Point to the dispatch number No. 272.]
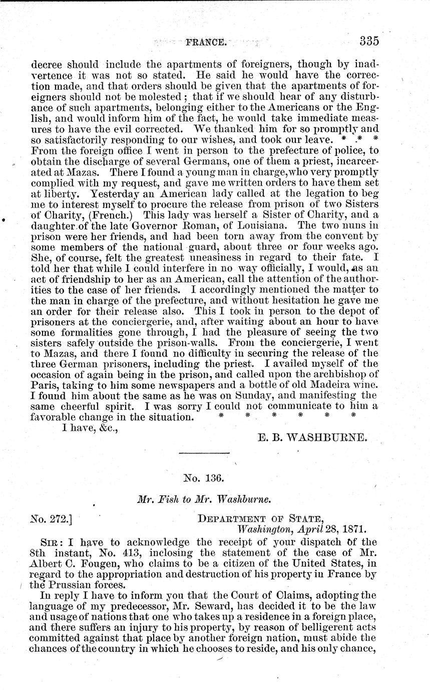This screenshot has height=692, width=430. coord(51,518)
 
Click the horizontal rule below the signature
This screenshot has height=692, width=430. coord(204,453)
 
